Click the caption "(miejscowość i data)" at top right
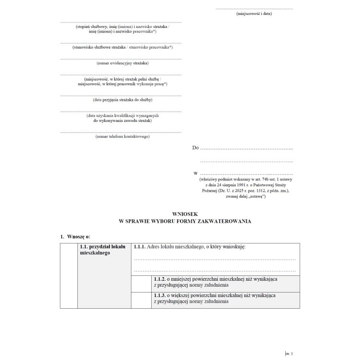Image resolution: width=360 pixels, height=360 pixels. [254, 13]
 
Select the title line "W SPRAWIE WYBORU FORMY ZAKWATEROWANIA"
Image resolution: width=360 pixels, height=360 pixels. [184, 221]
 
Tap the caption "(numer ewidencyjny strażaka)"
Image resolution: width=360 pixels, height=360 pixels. [121, 63]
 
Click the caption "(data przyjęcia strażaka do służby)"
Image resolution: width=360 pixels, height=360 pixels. [121, 100]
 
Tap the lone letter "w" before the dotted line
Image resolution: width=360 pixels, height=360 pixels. [195, 173]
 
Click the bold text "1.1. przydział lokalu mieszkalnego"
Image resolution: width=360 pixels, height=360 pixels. [96, 250]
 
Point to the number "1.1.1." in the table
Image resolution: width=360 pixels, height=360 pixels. [139, 247]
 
